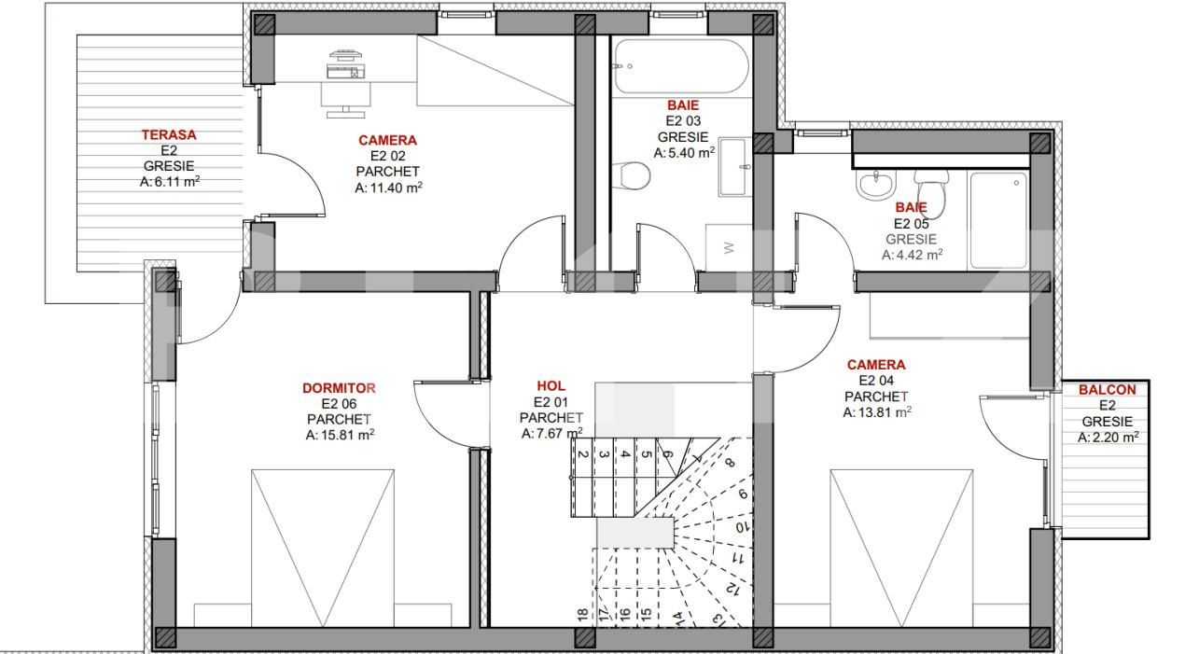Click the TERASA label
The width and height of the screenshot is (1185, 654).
pyautogui.click(x=169, y=135)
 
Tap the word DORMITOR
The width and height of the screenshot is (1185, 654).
pyautogui.click(x=339, y=388)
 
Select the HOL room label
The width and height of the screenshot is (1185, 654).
pyautogui.click(x=551, y=386)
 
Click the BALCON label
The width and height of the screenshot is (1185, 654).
pyautogui.click(x=1107, y=390)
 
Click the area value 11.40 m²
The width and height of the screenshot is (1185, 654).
pyautogui.click(x=388, y=188)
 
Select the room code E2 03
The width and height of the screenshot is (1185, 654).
pyautogui.click(x=682, y=121)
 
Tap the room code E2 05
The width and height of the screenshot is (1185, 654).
pyautogui.click(x=913, y=223)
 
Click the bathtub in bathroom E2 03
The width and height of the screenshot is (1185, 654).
pyautogui.click(x=681, y=65)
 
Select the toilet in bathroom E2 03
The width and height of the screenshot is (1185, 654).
pyautogui.click(x=634, y=174)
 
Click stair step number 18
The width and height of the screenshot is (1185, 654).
pyautogui.click(x=582, y=615)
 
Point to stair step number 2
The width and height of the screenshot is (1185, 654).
pyautogui.click(x=582, y=454)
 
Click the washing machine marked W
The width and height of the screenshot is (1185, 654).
pyautogui.click(x=729, y=247)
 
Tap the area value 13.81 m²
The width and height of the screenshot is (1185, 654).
pyautogui.click(x=877, y=412)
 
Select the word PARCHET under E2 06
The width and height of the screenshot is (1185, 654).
pyautogui.click(x=339, y=419)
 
